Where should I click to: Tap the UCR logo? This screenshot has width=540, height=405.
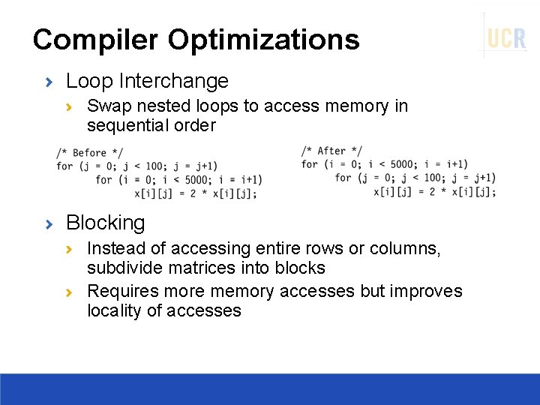[x=506, y=37]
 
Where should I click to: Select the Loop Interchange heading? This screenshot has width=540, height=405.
[x=147, y=80]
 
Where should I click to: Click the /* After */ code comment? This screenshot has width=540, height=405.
[x=331, y=151]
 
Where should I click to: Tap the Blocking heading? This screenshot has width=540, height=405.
[x=105, y=223]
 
